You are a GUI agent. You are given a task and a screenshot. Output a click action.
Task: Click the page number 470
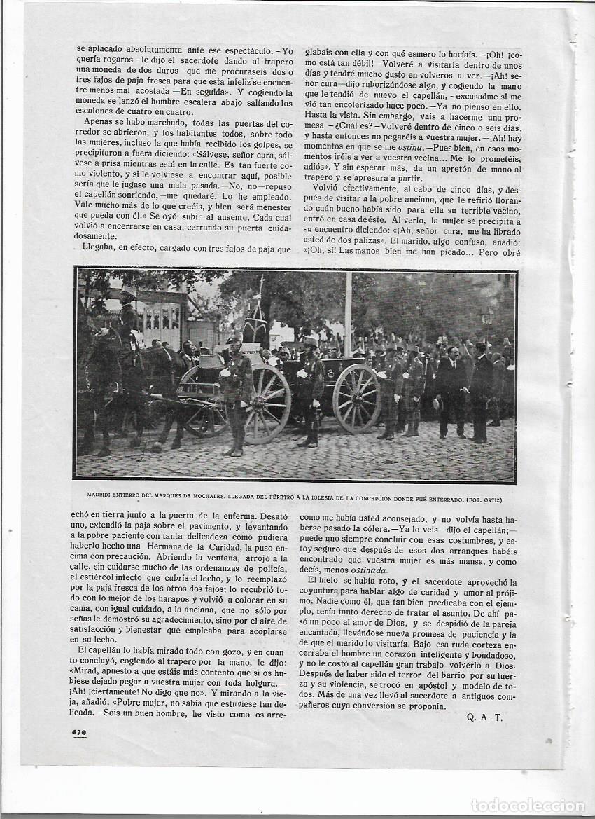pos(78,733)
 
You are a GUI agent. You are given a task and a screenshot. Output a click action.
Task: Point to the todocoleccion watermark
pos(528,805)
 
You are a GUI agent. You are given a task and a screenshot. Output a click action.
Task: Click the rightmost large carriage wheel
pos(356,399)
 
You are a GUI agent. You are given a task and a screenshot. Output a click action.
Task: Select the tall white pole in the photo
pos(348,315)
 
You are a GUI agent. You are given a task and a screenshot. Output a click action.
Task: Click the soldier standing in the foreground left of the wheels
pos(236,392)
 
